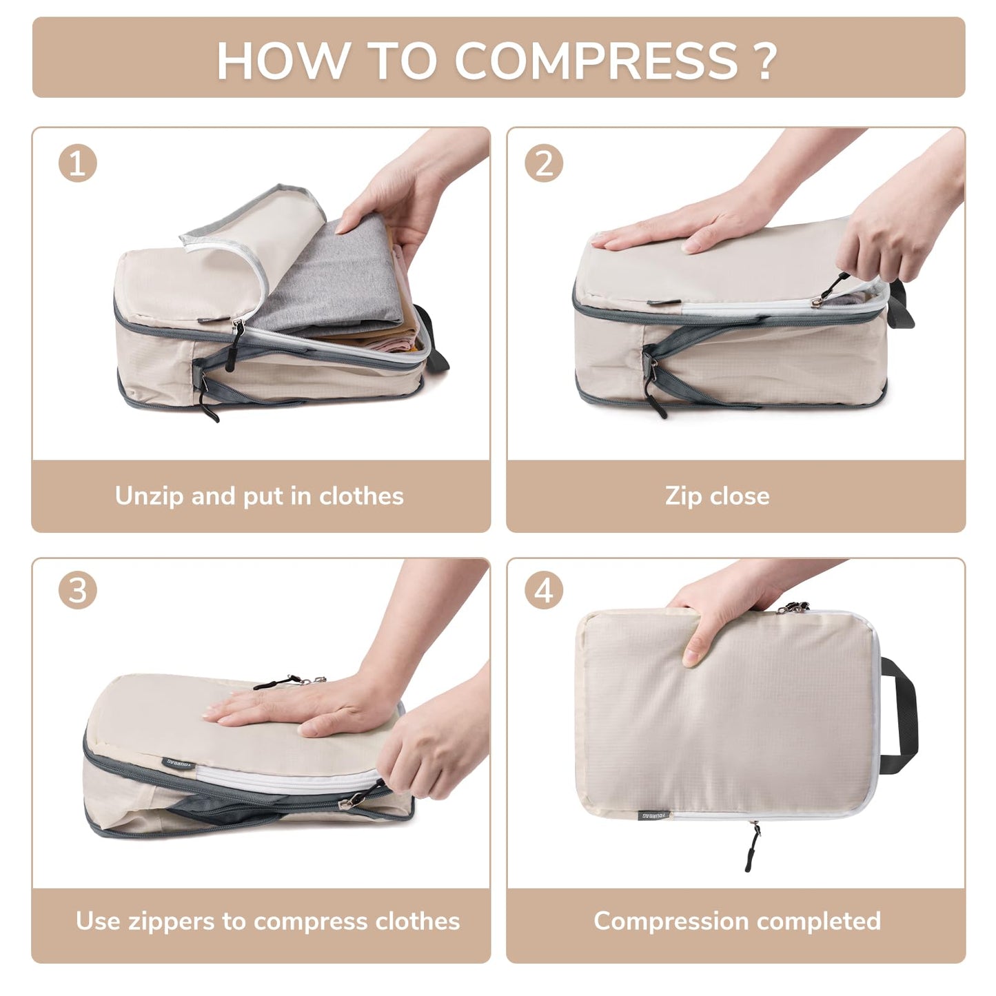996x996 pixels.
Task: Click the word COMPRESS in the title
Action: click(596, 61)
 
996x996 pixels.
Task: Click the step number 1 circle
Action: click(77, 164)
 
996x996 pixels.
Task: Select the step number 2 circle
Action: click(544, 164)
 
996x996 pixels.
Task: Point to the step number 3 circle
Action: click(77, 591)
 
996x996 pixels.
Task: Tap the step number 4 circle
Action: click(544, 591)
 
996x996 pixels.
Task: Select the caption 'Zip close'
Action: click(717, 496)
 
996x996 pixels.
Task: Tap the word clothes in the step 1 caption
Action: click(361, 496)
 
